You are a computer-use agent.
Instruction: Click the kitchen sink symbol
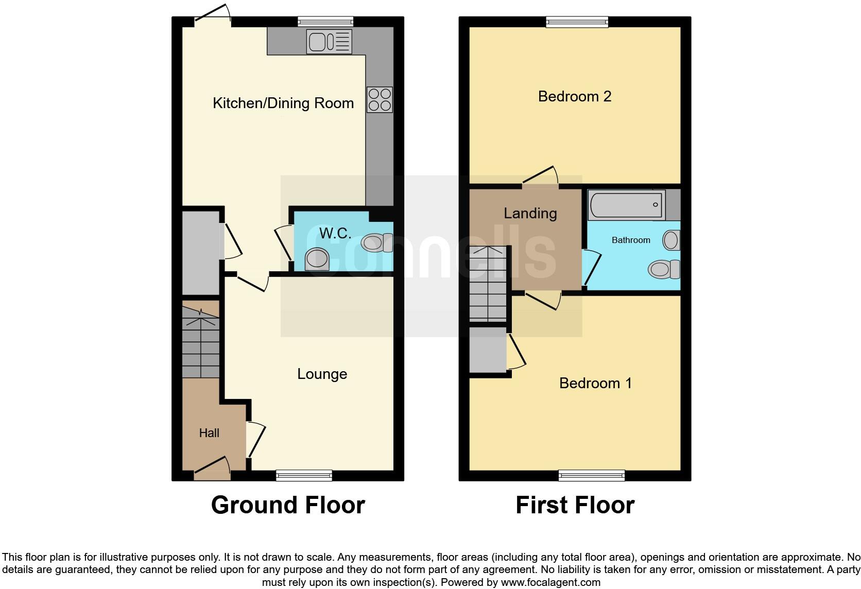(x=329, y=41)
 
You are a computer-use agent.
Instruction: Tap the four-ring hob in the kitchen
(x=380, y=100)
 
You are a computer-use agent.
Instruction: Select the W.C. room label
(x=335, y=233)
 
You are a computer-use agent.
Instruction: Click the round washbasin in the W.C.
(x=317, y=259)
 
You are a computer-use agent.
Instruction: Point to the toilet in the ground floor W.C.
(x=376, y=243)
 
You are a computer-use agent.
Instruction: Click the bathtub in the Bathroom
(x=626, y=204)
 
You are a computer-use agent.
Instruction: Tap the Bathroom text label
(x=631, y=240)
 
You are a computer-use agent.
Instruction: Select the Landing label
(x=530, y=213)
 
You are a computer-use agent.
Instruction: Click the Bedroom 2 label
(x=575, y=96)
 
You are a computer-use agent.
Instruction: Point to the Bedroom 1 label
(x=595, y=383)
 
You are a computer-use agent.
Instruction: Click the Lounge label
(x=322, y=374)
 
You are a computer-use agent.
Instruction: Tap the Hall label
(x=209, y=433)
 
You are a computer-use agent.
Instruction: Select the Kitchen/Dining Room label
(x=283, y=103)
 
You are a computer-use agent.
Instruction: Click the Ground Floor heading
(x=288, y=505)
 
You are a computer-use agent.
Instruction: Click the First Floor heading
(x=575, y=505)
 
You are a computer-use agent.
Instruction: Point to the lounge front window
(x=304, y=475)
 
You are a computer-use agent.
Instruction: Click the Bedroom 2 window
(x=577, y=22)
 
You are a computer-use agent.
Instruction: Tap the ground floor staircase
(x=201, y=342)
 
